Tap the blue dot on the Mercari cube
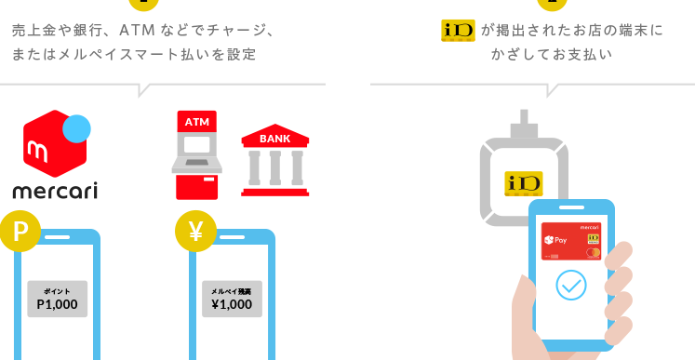[76, 128]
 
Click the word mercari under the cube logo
[55, 191]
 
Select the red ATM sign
[197, 122]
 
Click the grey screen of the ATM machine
[197, 145]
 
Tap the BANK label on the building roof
[274, 139]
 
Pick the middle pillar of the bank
[275, 167]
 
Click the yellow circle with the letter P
[20, 231]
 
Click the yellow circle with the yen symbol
[196, 231]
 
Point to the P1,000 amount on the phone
[57, 304]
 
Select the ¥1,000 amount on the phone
[232, 304]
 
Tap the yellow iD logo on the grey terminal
[524, 183]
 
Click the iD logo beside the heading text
[459, 31]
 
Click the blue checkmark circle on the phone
[571, 285]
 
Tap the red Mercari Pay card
[571, 241]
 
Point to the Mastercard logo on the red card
[593, 253]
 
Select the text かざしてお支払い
[552, 55]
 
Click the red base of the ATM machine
[197, 187]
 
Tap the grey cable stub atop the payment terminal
[525, 124]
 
